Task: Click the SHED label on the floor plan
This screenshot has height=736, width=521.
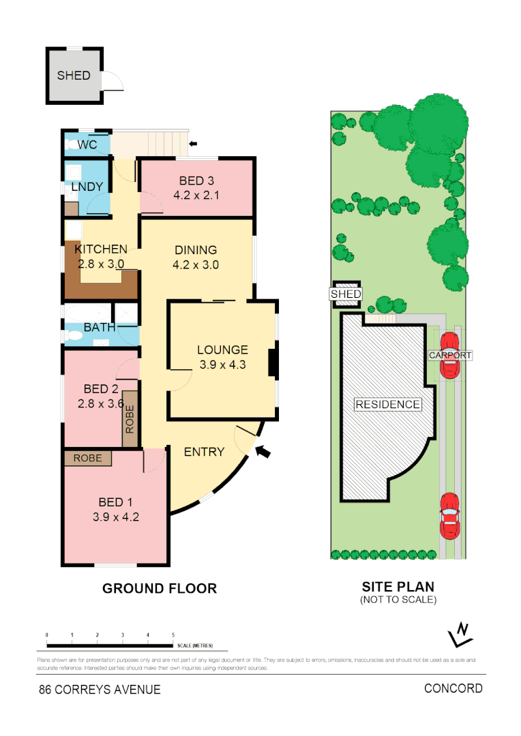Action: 74,76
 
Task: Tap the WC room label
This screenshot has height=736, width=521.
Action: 87,145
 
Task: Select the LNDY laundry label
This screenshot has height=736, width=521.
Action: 87,187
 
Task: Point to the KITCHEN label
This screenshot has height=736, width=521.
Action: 101,249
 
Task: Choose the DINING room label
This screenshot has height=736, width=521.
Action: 196,250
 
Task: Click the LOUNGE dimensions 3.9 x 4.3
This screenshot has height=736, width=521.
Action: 222,365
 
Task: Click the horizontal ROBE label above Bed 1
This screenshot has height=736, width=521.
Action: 87,459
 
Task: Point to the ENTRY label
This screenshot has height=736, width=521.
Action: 204,452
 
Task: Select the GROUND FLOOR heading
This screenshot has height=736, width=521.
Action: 160,588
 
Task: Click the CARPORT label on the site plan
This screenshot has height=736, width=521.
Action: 450,356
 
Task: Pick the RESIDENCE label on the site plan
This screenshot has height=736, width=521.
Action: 387,405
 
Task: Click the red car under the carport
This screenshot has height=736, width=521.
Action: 449,356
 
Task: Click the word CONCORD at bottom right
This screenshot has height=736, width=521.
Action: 453,688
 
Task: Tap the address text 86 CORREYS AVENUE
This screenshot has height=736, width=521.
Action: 100,690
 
